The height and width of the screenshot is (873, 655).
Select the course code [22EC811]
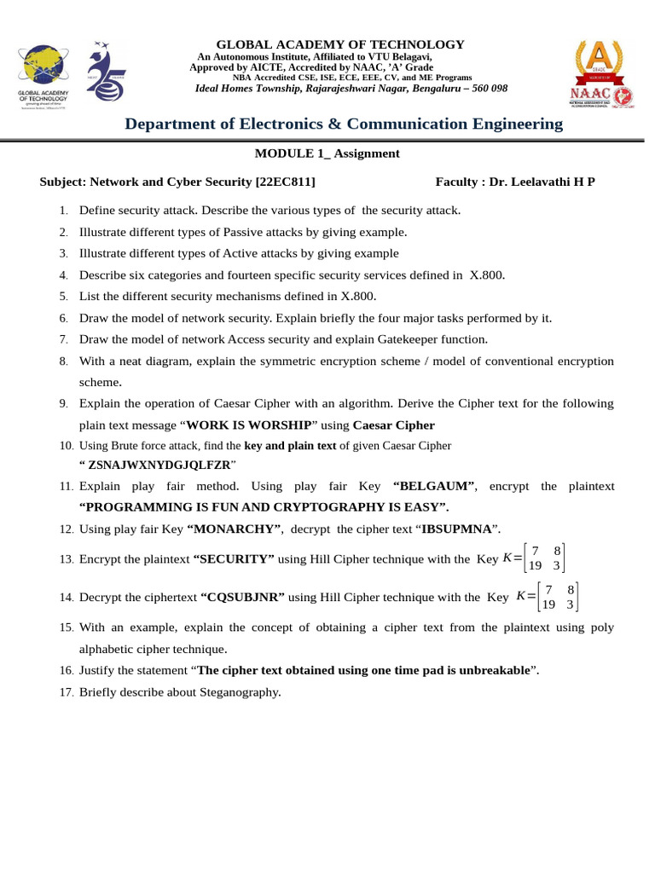click(x=286, y=182)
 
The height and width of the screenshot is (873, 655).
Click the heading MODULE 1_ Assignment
click(x=327, y=153)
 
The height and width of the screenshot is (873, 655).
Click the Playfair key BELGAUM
click(x=434, y=486)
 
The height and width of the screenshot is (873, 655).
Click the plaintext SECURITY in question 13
click(x=235, y=559)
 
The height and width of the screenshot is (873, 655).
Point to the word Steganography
click(x=241, y=692)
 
